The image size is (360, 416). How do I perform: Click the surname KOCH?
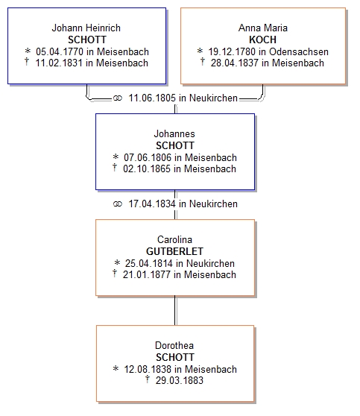tap(262, 40)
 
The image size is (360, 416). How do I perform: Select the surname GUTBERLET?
tap(174, 251)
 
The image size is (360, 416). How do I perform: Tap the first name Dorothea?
tap(174, 345)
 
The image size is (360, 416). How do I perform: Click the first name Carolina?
tap(174, 239)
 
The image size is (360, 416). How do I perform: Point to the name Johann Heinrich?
tap(86, 28)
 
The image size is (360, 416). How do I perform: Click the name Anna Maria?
tap(263, 28)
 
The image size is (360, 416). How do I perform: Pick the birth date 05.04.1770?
tap(60, 51)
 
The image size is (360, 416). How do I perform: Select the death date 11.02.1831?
tap(59, 63)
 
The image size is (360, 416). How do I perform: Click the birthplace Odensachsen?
tap(299, 51)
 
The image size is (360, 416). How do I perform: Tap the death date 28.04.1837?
tap(235, 63)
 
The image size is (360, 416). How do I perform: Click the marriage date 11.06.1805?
tap(152, 98)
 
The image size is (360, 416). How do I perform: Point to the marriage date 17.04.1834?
tap(152, 204)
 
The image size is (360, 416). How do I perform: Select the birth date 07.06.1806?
tap(148, 157)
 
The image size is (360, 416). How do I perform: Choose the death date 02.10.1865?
tap(147, 168)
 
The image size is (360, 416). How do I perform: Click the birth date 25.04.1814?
tap(149, 263)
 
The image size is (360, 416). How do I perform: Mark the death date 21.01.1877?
tap(146, 274)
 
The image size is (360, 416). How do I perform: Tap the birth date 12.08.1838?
tap(148, 369)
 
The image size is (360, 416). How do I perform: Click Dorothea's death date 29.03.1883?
tap(180, 380)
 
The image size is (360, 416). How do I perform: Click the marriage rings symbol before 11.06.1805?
tap(118, 98)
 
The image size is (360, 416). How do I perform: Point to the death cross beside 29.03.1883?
tap(148, 379)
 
